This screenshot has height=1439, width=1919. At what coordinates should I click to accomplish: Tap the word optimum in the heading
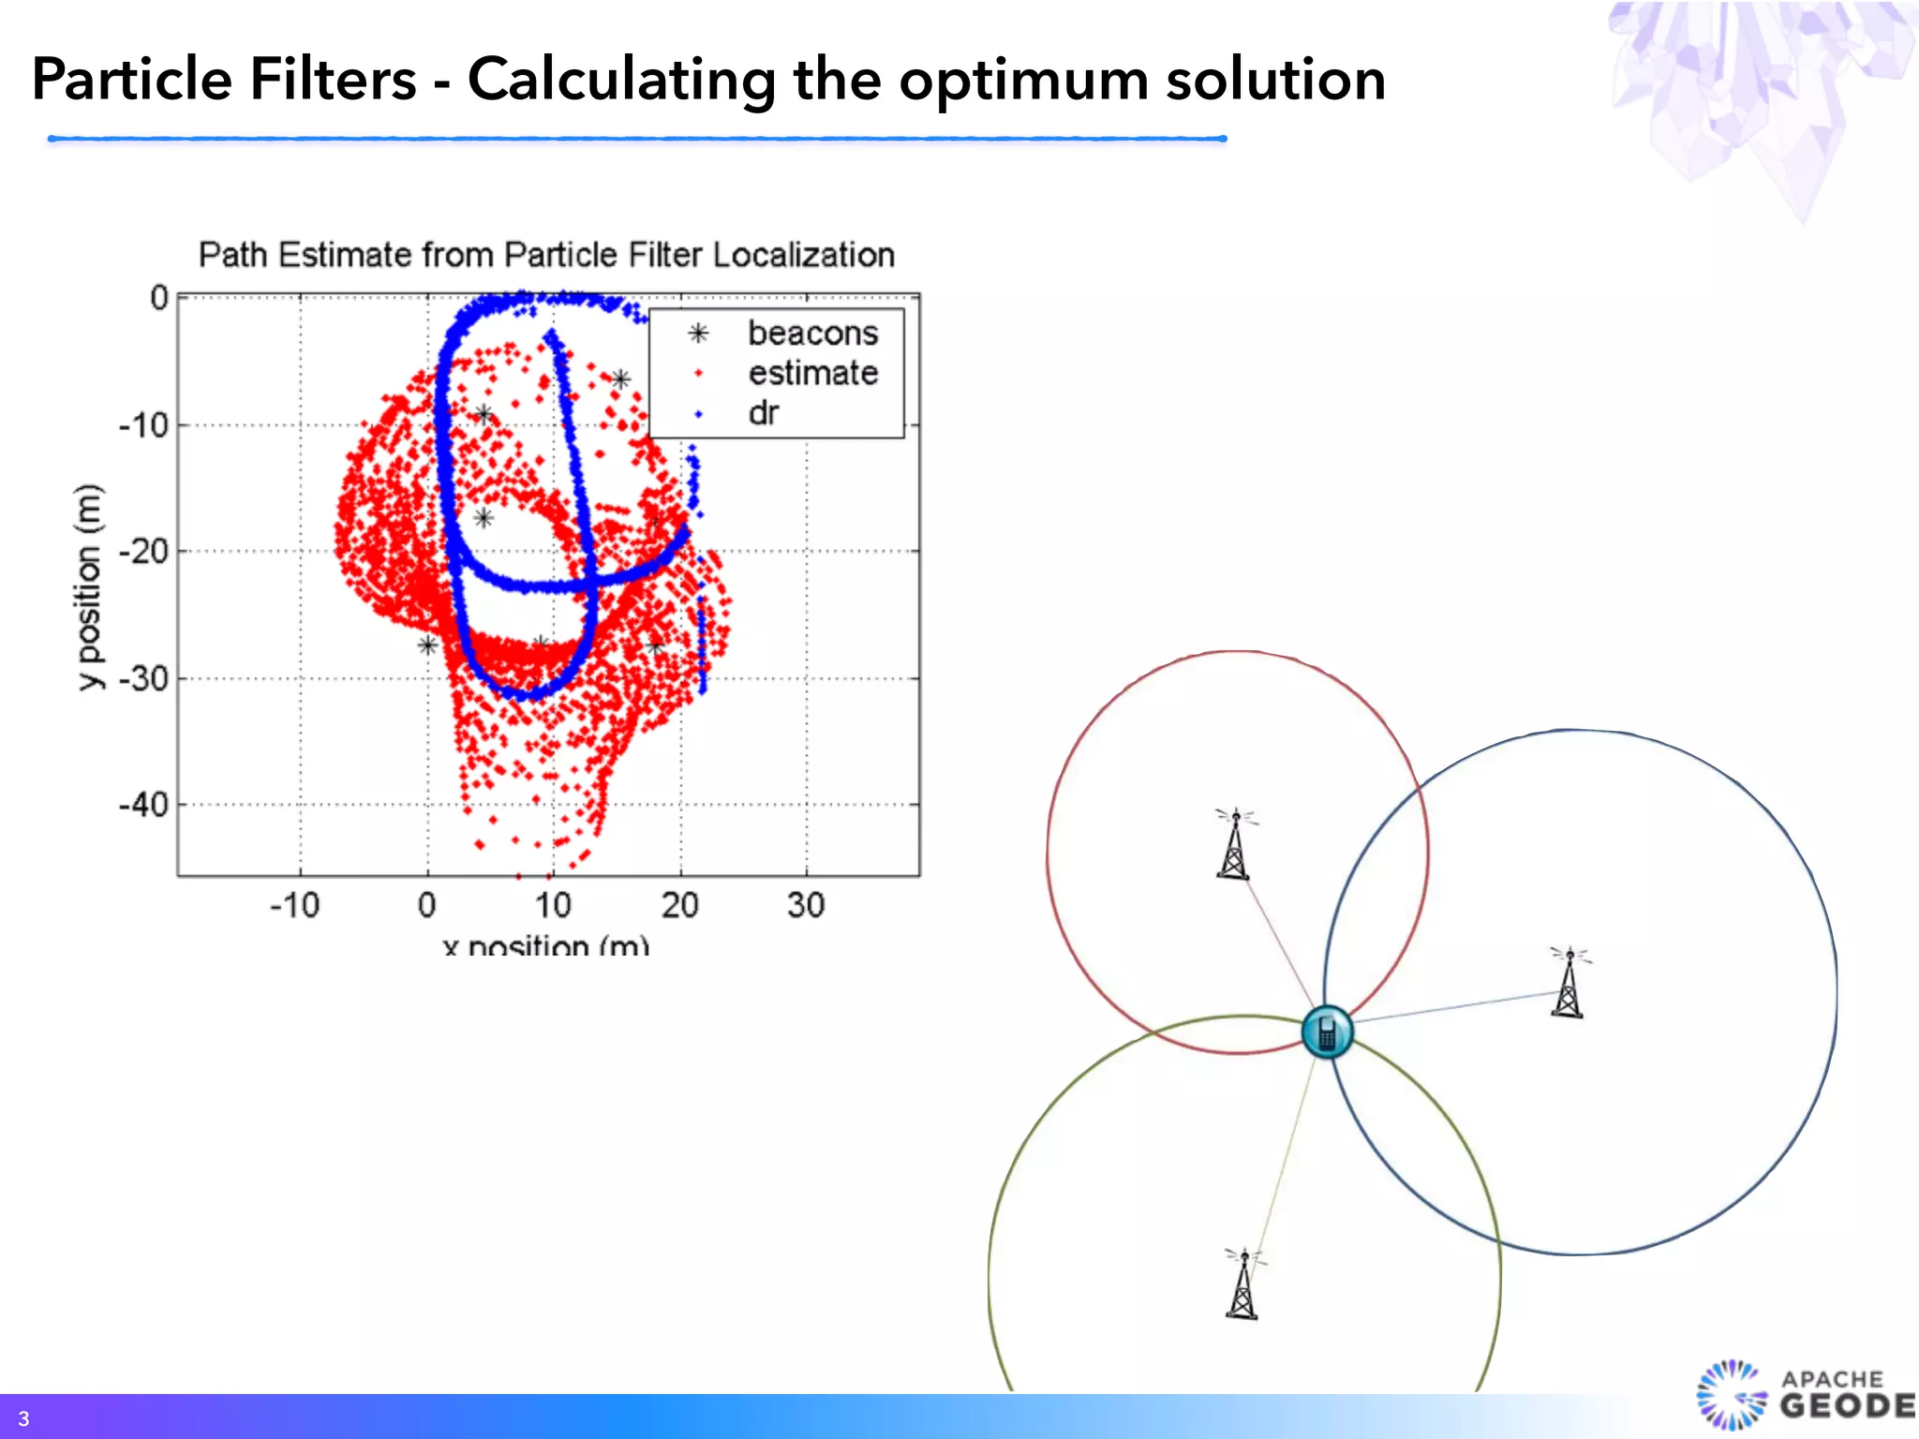(1023, 81)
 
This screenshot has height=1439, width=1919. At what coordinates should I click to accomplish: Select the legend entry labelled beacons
(812, 334)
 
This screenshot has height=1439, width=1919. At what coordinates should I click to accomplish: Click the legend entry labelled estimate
(812, 373)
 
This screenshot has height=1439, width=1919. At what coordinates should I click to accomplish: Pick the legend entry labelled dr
(764, 413)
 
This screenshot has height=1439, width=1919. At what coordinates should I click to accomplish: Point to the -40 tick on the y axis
(143, 805)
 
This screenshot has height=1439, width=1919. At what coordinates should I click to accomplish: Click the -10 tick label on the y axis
(143, 425)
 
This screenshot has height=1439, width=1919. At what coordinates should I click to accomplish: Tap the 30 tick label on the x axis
(806, 905)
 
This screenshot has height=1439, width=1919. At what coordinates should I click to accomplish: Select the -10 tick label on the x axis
(295, 905)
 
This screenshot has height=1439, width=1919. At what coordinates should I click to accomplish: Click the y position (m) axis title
(88, 586)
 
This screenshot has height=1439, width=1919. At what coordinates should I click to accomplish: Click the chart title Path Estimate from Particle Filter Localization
(546, 255)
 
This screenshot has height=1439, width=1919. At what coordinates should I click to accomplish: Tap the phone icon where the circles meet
(1327, 1031)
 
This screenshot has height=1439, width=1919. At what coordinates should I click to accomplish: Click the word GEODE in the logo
(1847, 1406)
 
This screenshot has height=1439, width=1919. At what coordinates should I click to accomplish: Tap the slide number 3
(23, 1418)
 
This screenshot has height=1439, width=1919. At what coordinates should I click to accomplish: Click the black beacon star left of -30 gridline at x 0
(427, 645)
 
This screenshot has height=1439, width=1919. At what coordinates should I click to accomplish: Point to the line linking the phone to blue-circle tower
(1452, 1007)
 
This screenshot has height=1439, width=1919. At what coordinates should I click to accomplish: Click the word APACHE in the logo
(1832, 1379)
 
